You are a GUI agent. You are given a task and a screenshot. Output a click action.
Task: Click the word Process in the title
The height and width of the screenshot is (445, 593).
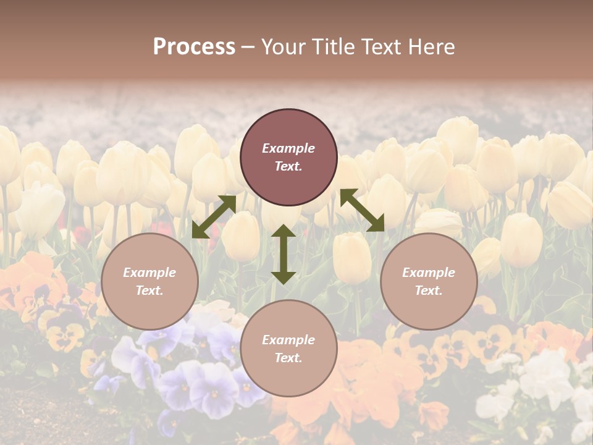tap(194, 47)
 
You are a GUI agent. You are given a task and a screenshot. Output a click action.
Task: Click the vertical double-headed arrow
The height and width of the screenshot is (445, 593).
tap(284, 254)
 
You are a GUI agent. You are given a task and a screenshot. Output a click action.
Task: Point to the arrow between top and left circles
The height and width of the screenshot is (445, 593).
tap(214, 217)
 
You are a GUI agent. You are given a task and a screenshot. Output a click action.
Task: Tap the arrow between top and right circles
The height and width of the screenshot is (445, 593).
tap(362, 210)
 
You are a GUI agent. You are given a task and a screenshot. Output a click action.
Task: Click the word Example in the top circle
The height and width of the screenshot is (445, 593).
tap(288, 148)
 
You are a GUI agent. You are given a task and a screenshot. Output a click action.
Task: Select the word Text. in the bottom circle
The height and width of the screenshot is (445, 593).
tap(288, 358)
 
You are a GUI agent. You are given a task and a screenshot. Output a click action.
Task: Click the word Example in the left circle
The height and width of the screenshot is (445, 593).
tap(149, 273)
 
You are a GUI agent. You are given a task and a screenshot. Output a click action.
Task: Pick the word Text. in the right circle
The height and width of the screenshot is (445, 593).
tap(429, 290)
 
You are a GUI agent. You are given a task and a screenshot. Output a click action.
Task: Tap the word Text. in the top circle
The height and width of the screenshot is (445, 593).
tap(288, 167)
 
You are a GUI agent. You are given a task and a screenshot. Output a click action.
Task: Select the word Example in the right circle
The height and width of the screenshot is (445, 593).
tap(429, 273)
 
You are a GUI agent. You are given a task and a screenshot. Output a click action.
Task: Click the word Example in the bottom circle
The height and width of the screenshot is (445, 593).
tap(288, 340)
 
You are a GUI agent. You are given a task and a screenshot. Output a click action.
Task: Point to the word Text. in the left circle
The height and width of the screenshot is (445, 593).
tap(149, 290)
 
